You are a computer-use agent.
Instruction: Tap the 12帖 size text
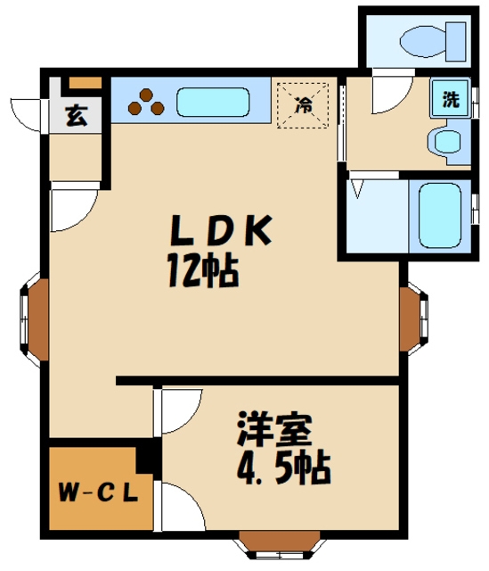201,269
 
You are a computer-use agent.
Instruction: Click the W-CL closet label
97,492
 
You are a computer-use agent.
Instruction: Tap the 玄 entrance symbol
77,117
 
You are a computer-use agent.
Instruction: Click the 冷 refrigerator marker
303,105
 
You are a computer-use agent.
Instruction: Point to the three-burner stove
146,103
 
